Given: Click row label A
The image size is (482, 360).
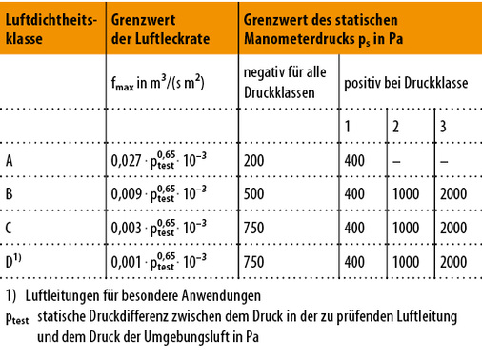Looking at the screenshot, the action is tap(10, 160).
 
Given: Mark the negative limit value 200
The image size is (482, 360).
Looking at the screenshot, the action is tap(254, 160).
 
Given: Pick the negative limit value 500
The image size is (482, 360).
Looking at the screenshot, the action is tap(254, 193).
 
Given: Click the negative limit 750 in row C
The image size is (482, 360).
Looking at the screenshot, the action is tap(254, 227).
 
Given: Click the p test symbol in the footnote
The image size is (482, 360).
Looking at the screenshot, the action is tap(16, 319).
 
